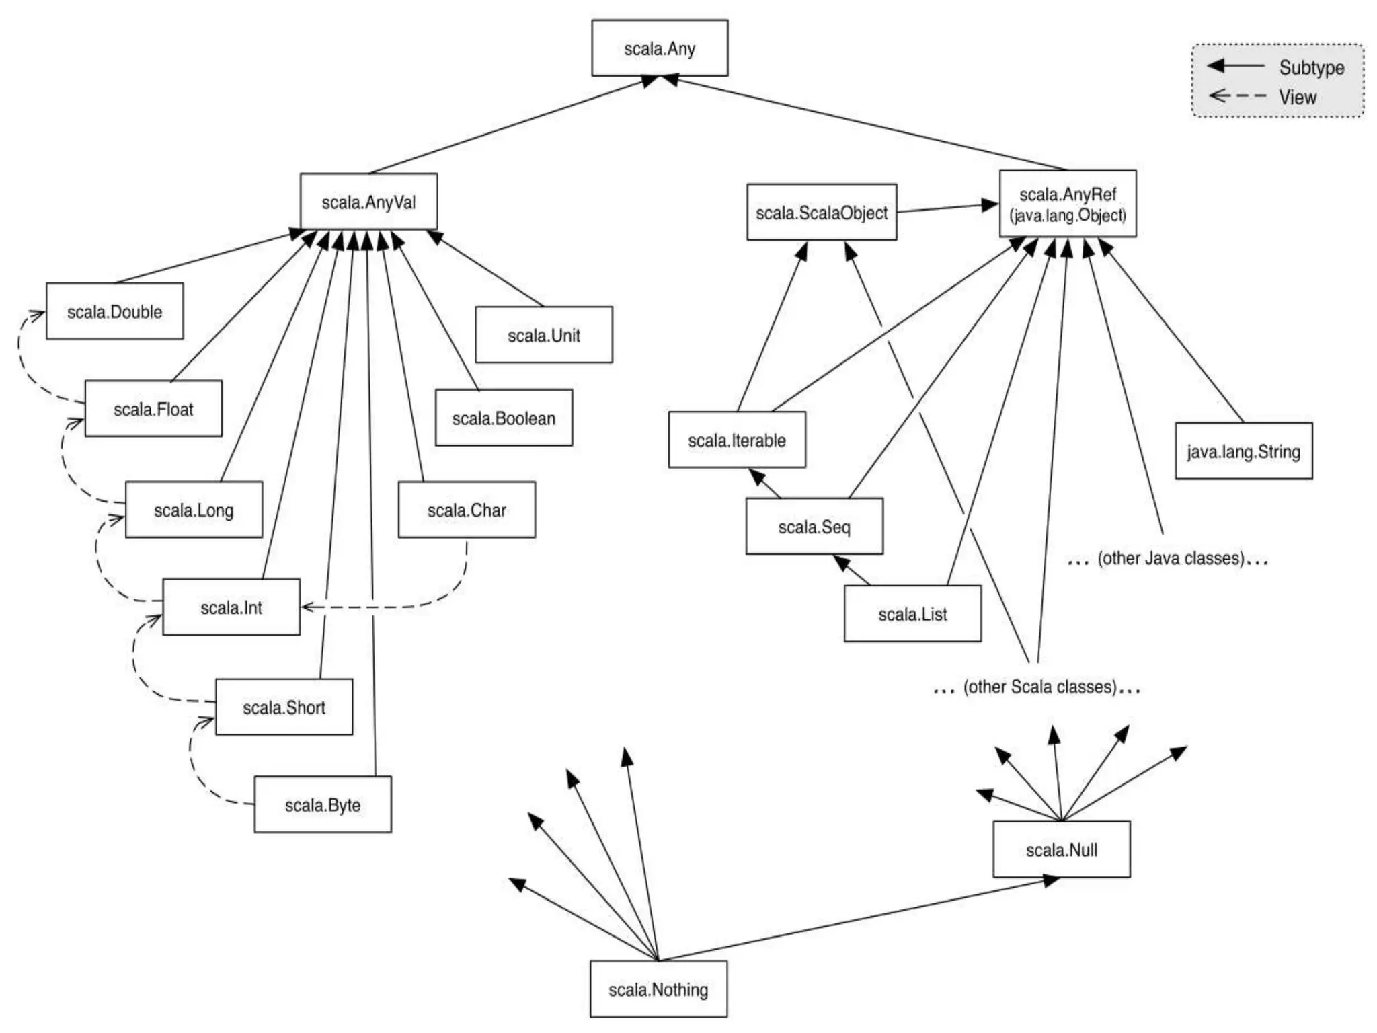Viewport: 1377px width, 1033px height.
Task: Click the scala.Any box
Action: pyautogui.click(x=659, y=48)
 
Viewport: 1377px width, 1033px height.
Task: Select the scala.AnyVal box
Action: pyautogui.click(x=368, y=202)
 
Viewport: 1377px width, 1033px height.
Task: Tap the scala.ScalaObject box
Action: pyautogui.click(x=821, y=213)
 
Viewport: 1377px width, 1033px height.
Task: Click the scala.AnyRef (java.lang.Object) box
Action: pyautogui.click(x=1067, y=204)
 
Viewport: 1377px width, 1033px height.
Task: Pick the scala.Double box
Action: pyautogui.click(x=114, y=311)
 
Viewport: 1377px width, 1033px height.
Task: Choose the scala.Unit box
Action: pyautogui.click(x=543, y=335)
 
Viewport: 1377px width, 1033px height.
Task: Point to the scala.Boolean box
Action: pyautogui.click(x=504, y=418)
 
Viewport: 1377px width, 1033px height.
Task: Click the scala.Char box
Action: pyautogui.click(x=467, y=510)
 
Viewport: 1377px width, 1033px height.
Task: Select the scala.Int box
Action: pyautogui.click(x=231, y=607)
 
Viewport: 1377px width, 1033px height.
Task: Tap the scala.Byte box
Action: pyautogui.click(x=322, y=805)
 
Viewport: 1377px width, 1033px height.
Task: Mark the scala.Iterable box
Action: pyautogui.click(x=736, y=440)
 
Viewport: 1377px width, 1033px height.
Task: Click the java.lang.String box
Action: pyautogui.click(x=1243, y=451)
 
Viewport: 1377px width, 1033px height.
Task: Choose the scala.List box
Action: pyautogui.click(x=912, y=614)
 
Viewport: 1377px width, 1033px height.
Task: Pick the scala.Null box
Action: pyautogui.click(x=1061, y=849)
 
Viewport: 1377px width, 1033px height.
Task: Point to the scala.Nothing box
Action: pyautogui.click(x=658, y=989)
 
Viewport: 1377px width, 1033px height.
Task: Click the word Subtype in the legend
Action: pyautogui.click(x=1311, y=67)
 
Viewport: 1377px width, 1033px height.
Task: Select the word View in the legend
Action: pyautogui.click(x=1297, y=97)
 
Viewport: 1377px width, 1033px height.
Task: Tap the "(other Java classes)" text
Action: pyautogui.click(x=1170, y=558)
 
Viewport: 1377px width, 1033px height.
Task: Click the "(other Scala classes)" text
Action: pyautogui.click(x=1039, y=687)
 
